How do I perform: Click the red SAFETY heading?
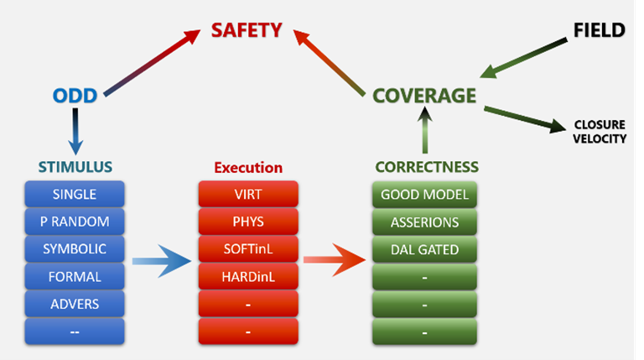pos(246,31)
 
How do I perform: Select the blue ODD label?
pos(75,95)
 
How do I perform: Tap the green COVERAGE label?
pos(424,95)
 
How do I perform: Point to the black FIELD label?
pos(599,31)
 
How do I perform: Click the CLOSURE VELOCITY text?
pos(599,132)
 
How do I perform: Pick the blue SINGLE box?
pos(75,195)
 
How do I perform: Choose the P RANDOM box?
pos(75,222)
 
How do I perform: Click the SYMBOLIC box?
pos(75,248)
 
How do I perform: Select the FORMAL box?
pos(75,276)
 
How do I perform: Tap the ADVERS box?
pos(75,303)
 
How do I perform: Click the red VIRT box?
pos(247,195)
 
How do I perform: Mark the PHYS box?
pos(247,222)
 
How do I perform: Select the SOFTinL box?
pos(247,248)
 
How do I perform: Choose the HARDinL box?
pos(247,276)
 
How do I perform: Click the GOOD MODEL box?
pos(425,195)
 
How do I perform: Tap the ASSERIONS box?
pos(425,222)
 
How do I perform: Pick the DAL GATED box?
pos(425,248)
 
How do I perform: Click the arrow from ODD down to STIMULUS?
pos(75,130)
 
